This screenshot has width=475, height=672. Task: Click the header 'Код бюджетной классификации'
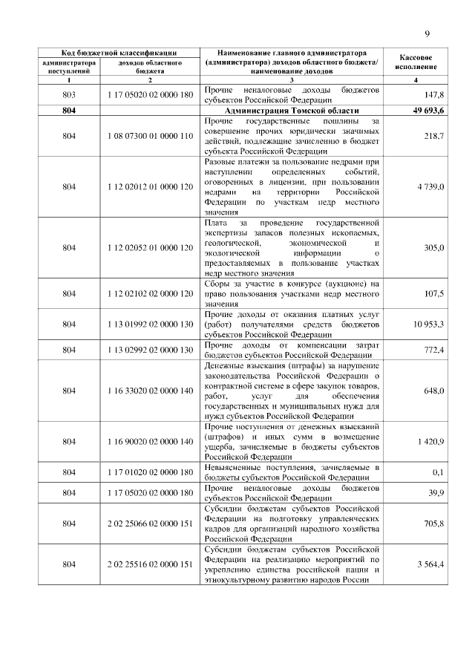pyautogui.click(x=119, y=53)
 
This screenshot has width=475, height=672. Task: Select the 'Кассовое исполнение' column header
pyautogui.click(x=416, y=62)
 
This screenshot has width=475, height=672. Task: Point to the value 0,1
pyautogui.click(x=438, y=472)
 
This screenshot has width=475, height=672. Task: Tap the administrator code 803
pyautogui.click(x=69, y=96)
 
